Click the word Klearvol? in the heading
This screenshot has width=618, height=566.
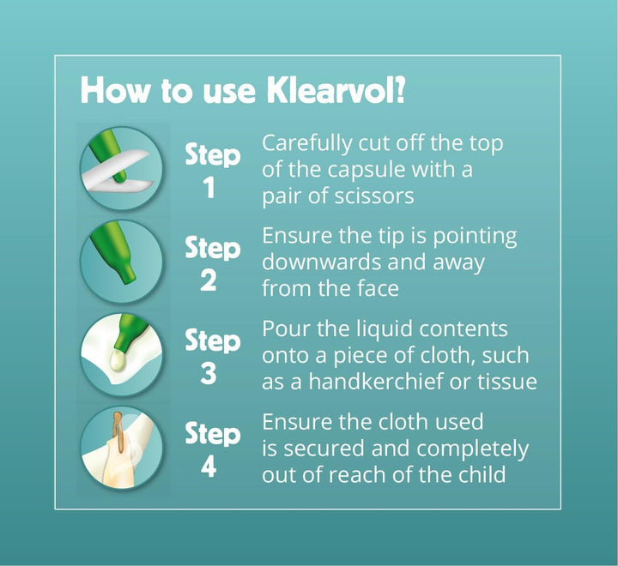point(336,90)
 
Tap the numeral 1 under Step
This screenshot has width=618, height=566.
point(209,188)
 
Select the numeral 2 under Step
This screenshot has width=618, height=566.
point(209,280)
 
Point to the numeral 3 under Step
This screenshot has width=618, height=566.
point(209,373)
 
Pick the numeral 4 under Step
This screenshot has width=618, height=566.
point(209,467)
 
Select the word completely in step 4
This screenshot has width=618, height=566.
point(472,449)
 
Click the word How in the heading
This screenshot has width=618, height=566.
point(115,91)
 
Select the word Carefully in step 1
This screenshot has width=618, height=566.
point(306,144)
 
